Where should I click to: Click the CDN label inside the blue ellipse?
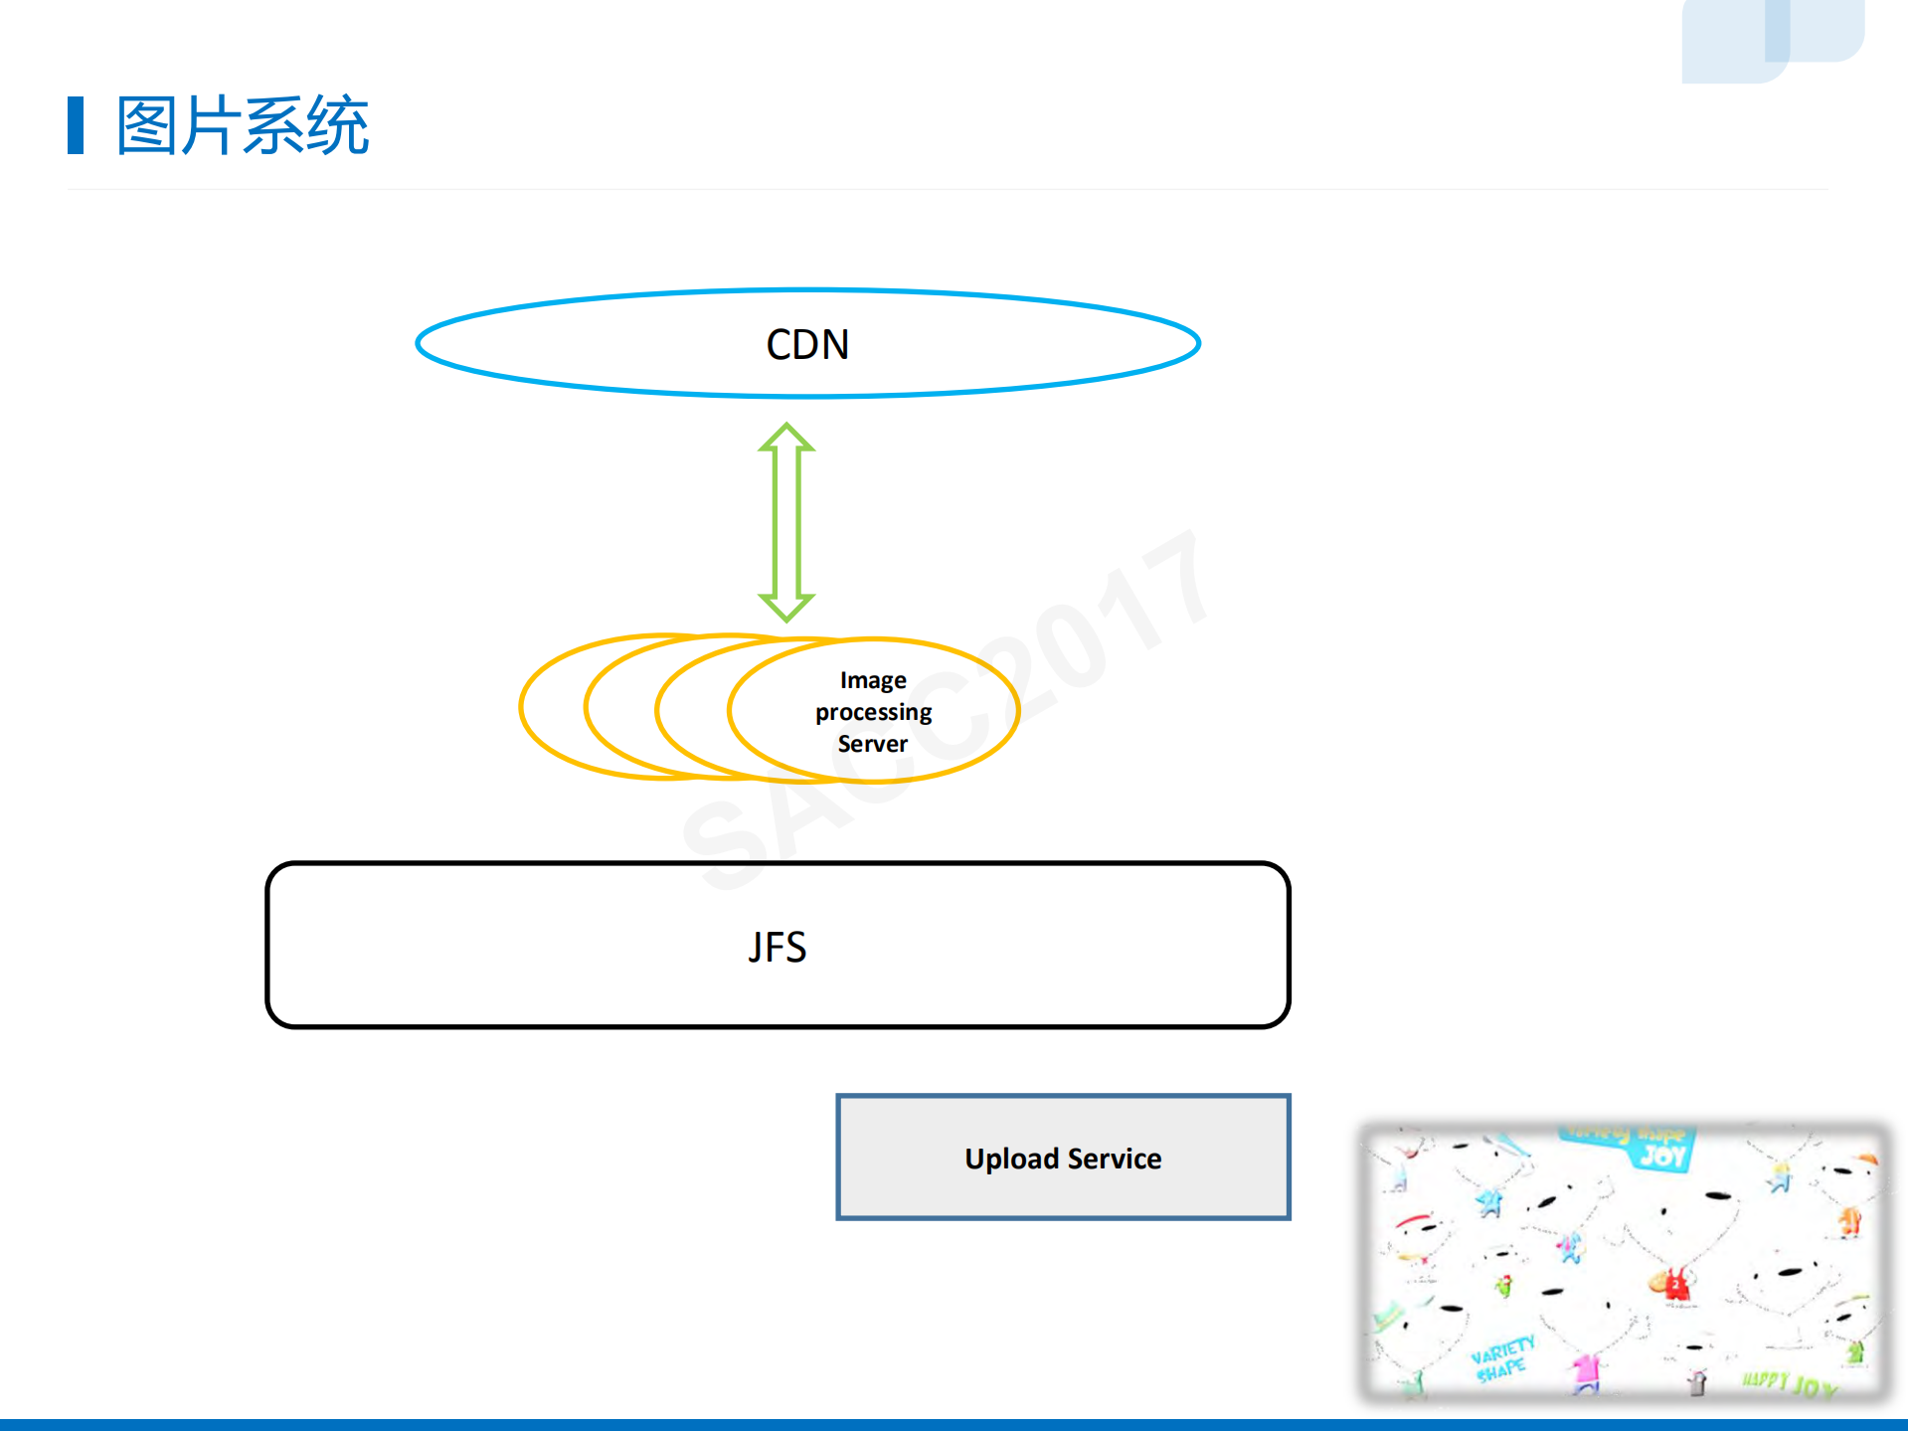(x=807, y=345)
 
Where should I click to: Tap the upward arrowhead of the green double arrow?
(x=786, y=439)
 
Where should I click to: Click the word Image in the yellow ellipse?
(x=873, y=680)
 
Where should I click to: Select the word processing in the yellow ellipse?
(x=873, y=712)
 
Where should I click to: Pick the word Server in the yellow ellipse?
(x=872, y=744)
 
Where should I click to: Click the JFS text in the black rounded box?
(x=778, y=947)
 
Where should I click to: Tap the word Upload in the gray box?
(x=1011, y=1159)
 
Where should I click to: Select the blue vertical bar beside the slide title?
(x=76, y=125)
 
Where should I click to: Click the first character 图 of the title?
(x=148, y=126)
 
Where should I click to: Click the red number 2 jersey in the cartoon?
(x=1677, y=1286)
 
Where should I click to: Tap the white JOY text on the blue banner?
(x=1662, y=1156)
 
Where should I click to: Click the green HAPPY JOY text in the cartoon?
(x=1788, y=1383)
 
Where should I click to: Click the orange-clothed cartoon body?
(x=1849, y=1220)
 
